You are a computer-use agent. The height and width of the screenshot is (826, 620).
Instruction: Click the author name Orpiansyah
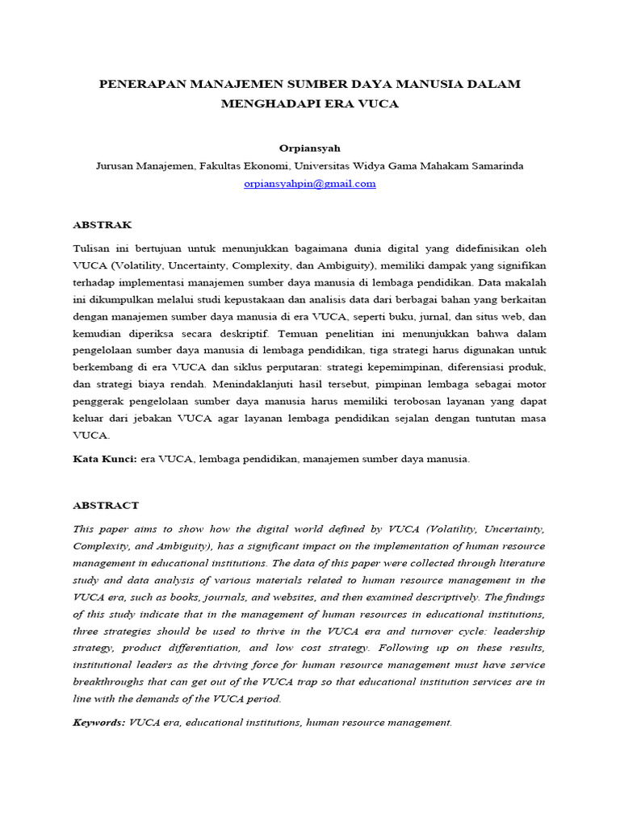[309, 148]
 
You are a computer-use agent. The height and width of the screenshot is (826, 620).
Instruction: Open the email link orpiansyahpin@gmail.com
[309, 183]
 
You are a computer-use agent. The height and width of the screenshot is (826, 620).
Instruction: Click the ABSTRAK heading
[103, 224]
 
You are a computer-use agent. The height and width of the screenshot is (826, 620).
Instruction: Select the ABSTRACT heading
[106, 505]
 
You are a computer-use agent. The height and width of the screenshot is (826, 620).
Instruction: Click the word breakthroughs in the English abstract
[109, 682]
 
